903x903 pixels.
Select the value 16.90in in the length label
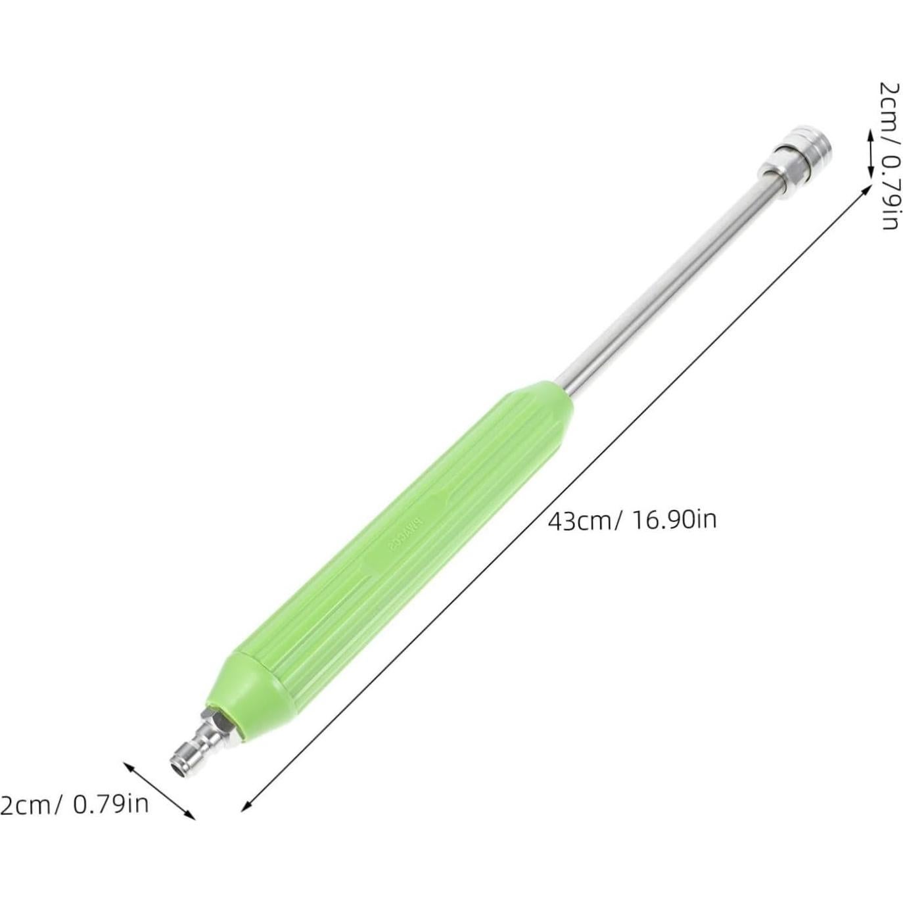pos(674,520)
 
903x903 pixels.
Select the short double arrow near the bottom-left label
pos(160,790)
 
